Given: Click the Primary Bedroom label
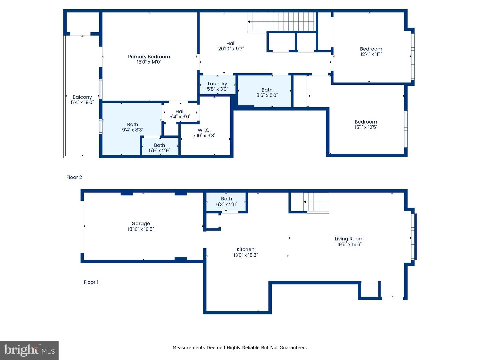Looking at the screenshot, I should point(149,57).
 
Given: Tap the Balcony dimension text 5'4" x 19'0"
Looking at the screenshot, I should point(82,103).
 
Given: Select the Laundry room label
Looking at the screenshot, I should point(217,84).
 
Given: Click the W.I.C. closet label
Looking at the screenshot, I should point(204,130).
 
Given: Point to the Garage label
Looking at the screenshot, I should point(141,224).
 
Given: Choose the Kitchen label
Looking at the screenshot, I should point(245,249).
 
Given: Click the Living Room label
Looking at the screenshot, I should point(349,239).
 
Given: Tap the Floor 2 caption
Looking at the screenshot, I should point(74,177).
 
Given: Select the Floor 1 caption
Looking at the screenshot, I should point(91,282).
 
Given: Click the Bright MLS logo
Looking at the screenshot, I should point(29,350).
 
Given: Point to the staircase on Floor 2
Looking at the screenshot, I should point(282,22).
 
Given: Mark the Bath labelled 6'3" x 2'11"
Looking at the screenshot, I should point(226,202).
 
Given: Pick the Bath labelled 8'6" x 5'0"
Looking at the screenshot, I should point(267,92).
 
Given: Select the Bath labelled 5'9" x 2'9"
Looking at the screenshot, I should point(159,148).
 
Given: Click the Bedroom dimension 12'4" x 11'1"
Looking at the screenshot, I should point(371,54).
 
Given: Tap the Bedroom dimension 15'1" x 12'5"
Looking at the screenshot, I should point(366,127).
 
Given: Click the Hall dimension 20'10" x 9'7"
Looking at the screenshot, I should point(231,49).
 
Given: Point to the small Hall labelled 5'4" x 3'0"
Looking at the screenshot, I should point(180,114).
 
